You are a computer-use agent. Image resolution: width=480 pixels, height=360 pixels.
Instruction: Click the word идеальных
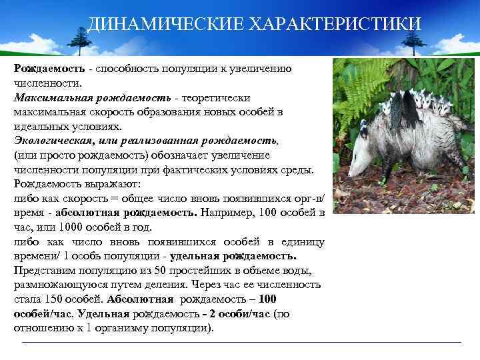[x=39, y=126]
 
